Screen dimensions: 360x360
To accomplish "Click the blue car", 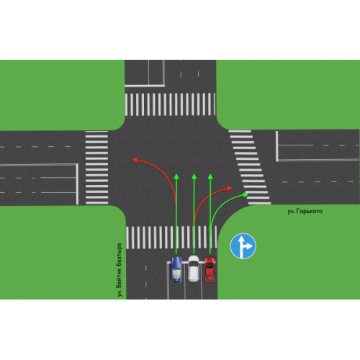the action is click(176, 269).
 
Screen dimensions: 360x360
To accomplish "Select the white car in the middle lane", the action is click(194, 269).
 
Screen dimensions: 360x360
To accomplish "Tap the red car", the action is click(210, 269).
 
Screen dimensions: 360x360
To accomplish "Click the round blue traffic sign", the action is click(243, 246).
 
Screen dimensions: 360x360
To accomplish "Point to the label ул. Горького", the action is click(305, 211).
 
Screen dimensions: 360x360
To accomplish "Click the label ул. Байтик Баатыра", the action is click(120, 270).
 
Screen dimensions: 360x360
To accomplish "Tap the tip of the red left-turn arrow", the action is click(132, 160).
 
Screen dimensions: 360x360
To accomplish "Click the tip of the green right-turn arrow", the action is click(248, 194).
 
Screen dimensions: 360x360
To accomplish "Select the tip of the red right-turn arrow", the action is click(232, 188).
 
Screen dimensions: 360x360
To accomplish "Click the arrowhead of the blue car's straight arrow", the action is click(176, 174).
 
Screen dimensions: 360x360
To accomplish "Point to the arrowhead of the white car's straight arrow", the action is click(194, 174).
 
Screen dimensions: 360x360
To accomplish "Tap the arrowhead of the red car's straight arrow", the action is click(210, 174).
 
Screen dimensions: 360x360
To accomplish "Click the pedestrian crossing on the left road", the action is click(96, 168).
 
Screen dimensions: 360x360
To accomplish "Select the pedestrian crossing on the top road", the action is click(170, 104).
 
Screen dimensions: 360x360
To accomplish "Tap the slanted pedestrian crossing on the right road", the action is click(250, 167).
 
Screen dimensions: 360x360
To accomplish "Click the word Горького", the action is click(310, 211).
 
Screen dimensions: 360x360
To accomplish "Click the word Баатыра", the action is click(120, 253).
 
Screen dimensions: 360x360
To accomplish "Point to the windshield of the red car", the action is click(210, 266).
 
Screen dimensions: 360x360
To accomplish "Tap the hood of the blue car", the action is click(176, 261).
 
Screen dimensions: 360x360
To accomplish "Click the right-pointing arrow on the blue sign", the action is click(248, 246).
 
